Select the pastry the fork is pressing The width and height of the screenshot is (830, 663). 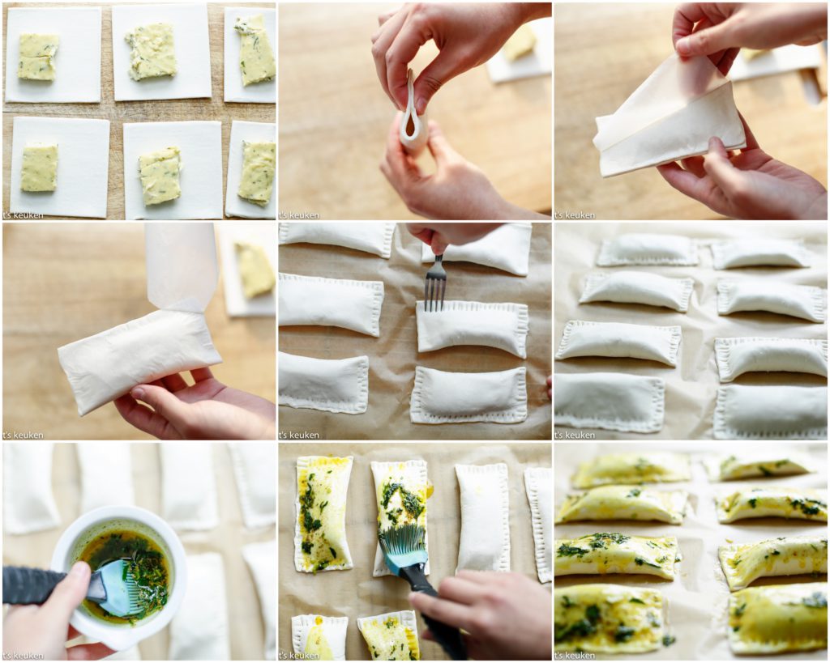point(472,327)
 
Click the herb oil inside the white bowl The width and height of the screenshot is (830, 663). point(126,567)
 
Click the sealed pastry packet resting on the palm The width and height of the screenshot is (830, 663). point(139,361)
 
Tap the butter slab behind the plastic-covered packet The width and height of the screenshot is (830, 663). point(255,269)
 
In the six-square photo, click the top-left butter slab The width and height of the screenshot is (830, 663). point(38,57)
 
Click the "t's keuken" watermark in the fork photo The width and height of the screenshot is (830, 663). point(301,436)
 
